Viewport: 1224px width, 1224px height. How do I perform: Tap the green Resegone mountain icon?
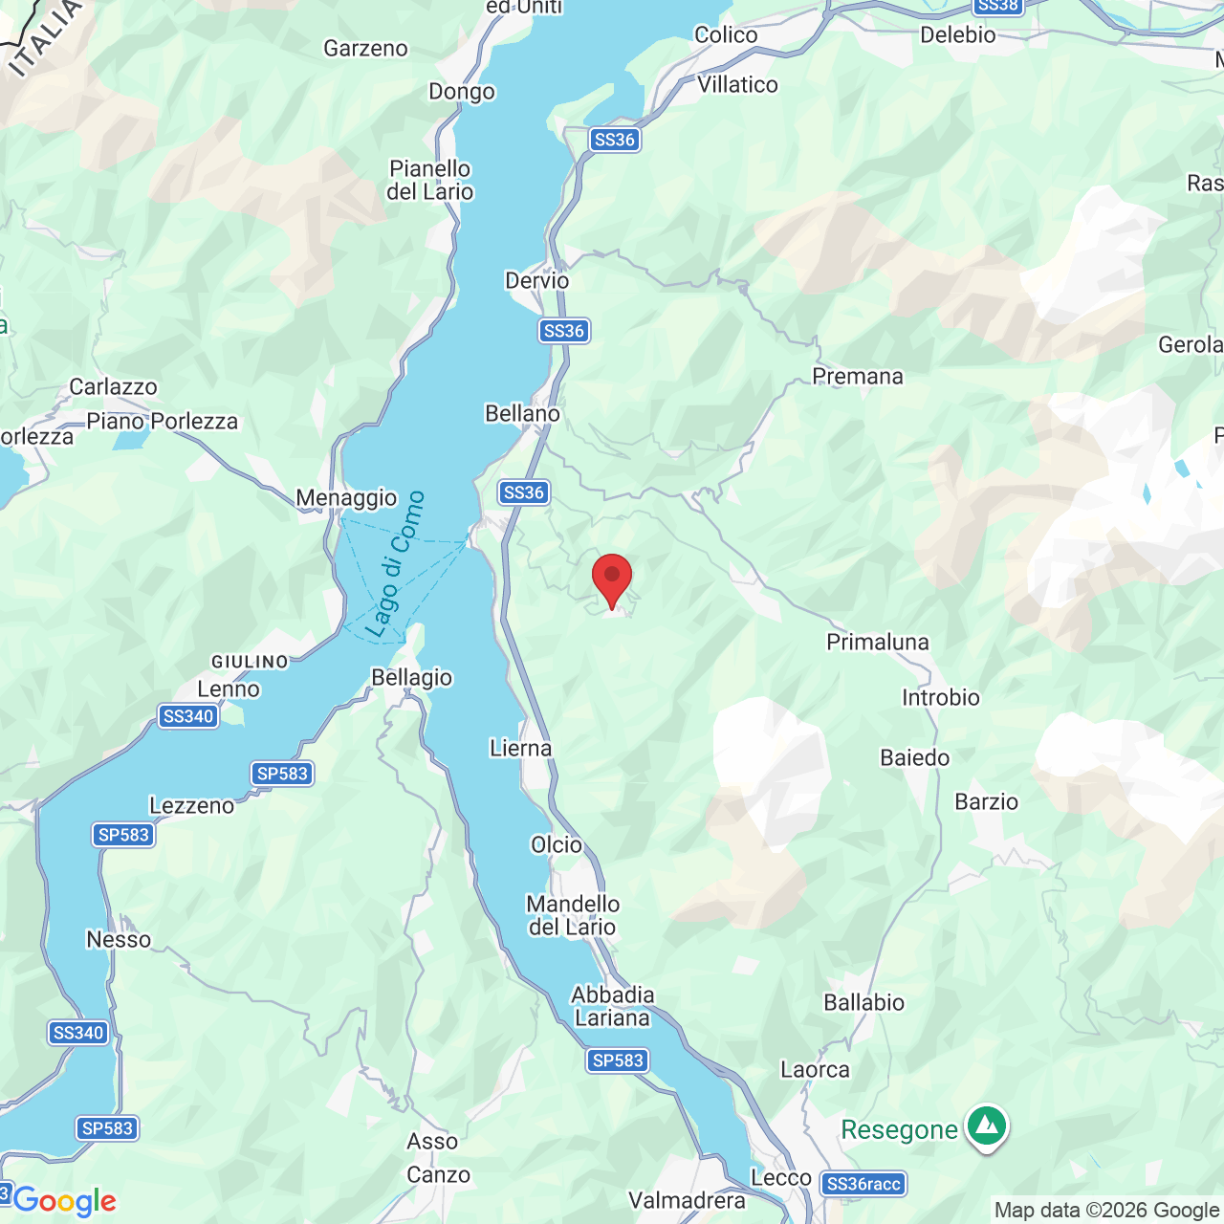point(987,1126)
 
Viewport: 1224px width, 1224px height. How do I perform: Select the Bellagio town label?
point(411,678)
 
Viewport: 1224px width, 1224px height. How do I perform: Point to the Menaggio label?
point(346,498)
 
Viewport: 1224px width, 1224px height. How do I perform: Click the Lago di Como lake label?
point(395,564)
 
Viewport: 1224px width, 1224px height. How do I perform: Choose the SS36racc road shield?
point(863,1184)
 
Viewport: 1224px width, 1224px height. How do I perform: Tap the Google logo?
point(64,1201)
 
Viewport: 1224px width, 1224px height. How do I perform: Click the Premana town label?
point(858,377)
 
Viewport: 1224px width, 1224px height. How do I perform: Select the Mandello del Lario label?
point(573,915)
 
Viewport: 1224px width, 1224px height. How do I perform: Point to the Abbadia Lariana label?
point(612,1006)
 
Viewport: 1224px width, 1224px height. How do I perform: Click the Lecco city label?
point(781,1178)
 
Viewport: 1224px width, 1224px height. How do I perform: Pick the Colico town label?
point(726,35)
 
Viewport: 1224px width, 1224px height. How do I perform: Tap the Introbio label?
point(941,698)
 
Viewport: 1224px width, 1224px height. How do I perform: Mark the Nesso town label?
point(119,940)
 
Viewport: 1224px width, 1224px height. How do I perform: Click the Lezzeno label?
point(192,806)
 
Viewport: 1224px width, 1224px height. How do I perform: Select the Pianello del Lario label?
point(430,180)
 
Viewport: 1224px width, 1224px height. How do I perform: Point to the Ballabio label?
point(864,1003)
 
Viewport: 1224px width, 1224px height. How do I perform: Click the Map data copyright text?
point(1106,1211)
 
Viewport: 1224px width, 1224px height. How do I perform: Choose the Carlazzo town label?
point(113,387)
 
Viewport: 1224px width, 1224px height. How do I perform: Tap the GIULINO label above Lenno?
point(250,662)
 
